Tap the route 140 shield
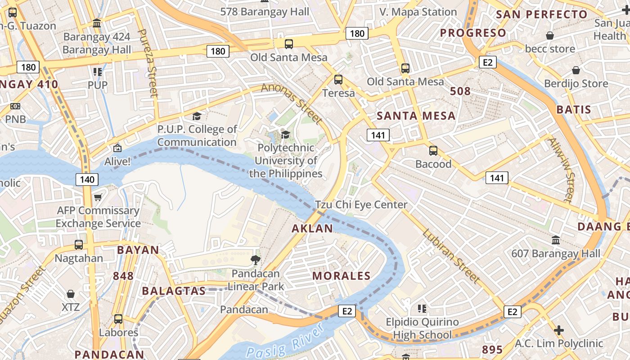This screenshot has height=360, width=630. [87, 180]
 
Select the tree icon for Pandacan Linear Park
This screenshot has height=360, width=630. [255, 260]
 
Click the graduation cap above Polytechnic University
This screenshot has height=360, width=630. [285, 134]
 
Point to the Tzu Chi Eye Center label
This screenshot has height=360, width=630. [361, 205]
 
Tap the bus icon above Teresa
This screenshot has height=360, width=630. [338, 80]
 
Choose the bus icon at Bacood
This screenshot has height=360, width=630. [433, 151]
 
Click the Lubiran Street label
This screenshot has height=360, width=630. [451, 256]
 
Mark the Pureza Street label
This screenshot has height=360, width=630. [148, 63]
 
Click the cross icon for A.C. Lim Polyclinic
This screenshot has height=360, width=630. [559, 331]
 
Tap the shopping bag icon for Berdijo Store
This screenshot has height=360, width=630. [576, 70]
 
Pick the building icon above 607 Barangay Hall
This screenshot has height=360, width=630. [556, 240]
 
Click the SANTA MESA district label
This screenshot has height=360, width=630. [416, 116]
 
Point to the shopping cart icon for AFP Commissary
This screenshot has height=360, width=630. [98, 197]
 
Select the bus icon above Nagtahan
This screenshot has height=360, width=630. [79, 245]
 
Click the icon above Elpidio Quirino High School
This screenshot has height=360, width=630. [422, 309]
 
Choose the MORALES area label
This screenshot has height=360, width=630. [341, 276]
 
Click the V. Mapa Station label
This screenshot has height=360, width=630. [418, 12]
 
